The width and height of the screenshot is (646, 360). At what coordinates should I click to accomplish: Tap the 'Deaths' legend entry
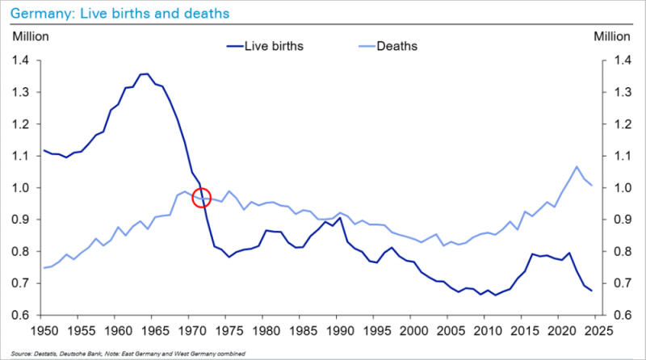tap(396, 45)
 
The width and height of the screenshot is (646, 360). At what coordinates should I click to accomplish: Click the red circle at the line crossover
tap(202, 197)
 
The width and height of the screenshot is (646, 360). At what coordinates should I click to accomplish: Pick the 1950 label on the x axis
tap(42, 331)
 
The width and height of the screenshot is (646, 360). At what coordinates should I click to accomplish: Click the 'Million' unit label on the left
tap(30, 36)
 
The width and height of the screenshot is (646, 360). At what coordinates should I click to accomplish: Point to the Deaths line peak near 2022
tap(577, 167)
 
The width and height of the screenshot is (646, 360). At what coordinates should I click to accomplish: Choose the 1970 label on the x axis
tap(191, 331)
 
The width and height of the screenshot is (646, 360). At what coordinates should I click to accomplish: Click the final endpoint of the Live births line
tap(592, 291)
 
